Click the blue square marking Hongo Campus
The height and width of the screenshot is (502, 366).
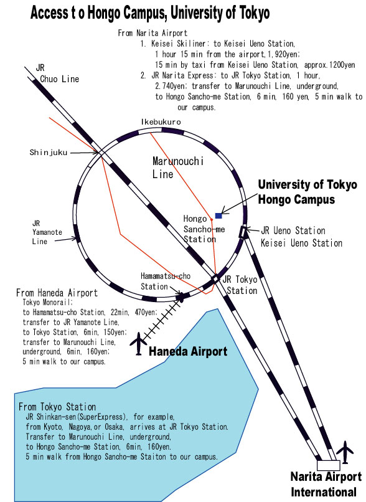(x=218, y=215)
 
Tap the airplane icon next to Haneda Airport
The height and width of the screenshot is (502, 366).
(x=138, y=344)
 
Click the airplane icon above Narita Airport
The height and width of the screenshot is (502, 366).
(x=345, y=452)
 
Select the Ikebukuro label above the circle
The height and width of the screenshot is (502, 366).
(x=161, y=122)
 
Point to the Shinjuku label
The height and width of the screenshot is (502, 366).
(x=49, y=153)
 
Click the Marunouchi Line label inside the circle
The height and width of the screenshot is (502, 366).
(x=178, y=168)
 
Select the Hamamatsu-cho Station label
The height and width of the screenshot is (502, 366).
(x=166, y=281)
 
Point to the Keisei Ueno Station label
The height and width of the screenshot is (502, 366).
(x=301, y=243)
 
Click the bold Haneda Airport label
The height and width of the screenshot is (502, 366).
(x=188, y=351)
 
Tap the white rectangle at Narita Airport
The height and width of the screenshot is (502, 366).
(x=328, y=465)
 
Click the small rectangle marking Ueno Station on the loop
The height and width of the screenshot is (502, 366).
(x=243, y=232)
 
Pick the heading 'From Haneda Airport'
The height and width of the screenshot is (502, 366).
(x=57, y=293)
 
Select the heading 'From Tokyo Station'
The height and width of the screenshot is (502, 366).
(x=57, y=407)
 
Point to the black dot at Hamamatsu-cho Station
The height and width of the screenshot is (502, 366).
(x=181, y=297)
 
